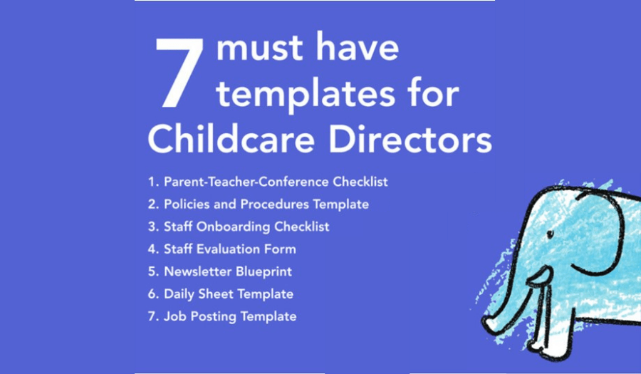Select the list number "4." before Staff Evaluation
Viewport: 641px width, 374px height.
pos(153,249)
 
